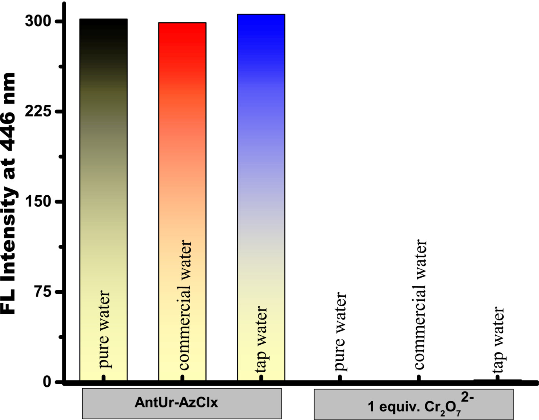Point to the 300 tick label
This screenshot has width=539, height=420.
coord(38,21)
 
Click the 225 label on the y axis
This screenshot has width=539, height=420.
coord(38,112)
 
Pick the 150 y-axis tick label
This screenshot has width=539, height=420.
coord(38,202)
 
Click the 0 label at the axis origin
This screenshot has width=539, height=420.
coord(47,382)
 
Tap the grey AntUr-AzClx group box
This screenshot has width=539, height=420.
coord(181,403)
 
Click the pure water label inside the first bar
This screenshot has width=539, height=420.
coord(104,329)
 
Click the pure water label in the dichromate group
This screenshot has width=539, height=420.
coord(340,331)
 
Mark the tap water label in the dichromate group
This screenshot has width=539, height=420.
coord(498,340)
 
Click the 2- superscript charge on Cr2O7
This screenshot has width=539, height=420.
coord(468,397)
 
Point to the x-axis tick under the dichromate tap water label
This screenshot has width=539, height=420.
coord(497,378)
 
